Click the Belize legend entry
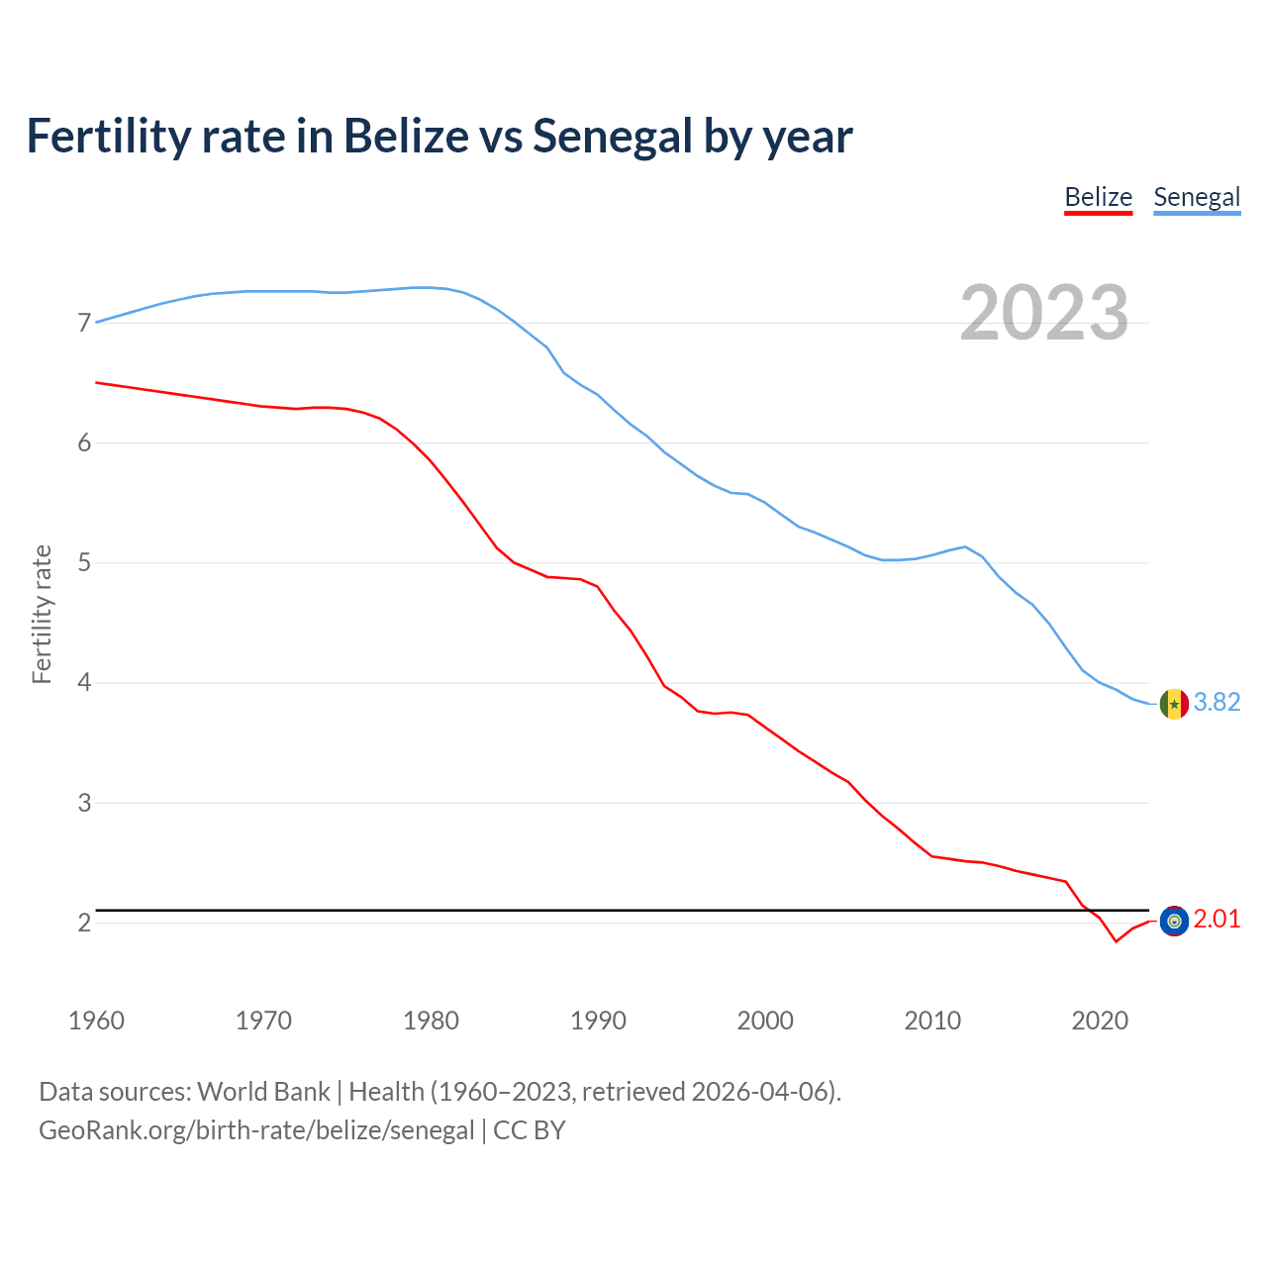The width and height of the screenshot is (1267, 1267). pos(1098,197)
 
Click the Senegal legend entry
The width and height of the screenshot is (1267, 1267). pos(1197,197)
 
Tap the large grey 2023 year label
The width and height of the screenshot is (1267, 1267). pos(1044,313)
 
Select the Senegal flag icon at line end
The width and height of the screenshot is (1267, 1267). pos(1174,704)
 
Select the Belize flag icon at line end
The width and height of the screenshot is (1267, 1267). pos(1174,922)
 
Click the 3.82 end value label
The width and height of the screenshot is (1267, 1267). pos(1217,702)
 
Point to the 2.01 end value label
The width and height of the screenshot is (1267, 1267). pos(1217,920)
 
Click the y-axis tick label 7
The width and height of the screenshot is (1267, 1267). pos(84,324)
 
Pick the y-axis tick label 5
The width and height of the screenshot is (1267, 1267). pos(84,563)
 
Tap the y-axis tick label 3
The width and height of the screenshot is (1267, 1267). pos(84,803)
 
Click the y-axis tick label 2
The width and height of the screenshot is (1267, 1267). pos(84,923)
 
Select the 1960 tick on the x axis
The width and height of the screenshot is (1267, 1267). pos(96,1021)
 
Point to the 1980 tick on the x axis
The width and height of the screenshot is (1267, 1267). pos(431,1021)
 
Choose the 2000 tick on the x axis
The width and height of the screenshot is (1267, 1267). pos(765,1021)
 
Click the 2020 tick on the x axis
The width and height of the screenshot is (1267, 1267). pos(1100,1021)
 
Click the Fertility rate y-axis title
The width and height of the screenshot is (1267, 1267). pos(42,614)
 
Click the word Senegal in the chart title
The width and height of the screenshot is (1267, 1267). pos(612,136)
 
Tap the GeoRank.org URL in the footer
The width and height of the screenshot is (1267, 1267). pos(256,1130)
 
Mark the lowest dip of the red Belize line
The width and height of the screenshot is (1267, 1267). pos(1116,941)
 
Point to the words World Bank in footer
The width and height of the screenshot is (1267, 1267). pos(263,1092)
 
